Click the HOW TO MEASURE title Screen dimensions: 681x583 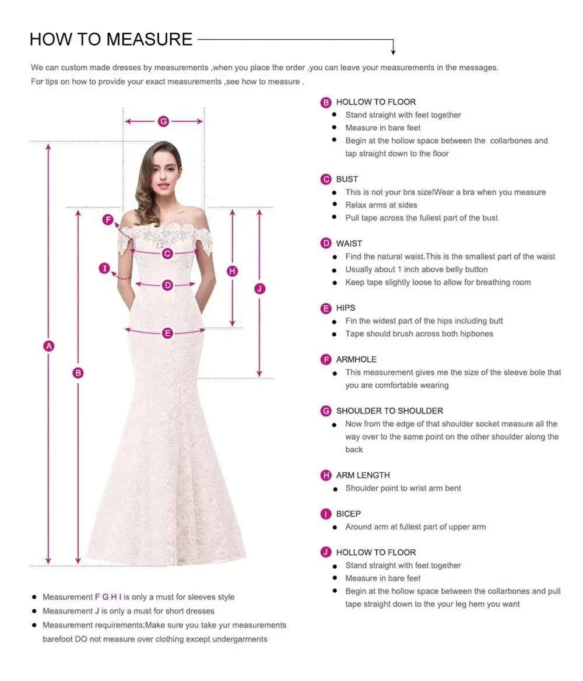111,39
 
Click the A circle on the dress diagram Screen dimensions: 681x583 49,346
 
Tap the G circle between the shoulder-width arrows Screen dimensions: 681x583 163,121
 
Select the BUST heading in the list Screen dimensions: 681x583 347,179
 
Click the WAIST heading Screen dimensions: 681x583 349,243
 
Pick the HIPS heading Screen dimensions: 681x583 345,308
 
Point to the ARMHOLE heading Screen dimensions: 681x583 356,359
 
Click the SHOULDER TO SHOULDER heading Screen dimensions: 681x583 389,410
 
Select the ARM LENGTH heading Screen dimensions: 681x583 363,475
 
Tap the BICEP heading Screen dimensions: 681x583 348,514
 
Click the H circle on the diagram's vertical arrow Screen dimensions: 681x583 233,271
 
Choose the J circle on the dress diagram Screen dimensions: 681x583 260,289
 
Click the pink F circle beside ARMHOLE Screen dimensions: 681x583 326,359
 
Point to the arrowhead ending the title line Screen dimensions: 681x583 394,52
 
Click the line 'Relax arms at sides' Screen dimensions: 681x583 381,205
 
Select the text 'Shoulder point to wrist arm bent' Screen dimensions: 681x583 403,488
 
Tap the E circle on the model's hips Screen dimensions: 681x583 168,333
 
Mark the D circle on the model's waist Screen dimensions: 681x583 168,285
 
